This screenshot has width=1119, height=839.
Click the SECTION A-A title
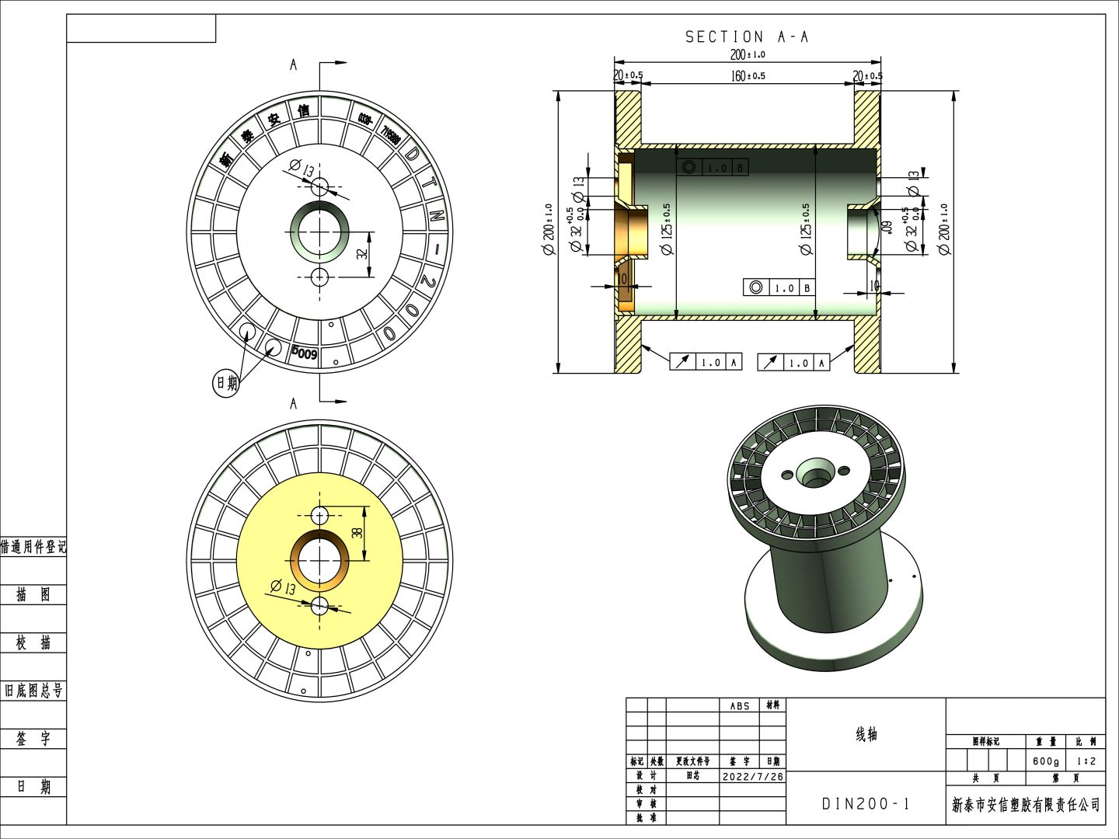click(746, 37)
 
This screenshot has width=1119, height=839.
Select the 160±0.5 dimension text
click(748, 75)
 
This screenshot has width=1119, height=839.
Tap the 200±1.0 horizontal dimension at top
click(747, 54)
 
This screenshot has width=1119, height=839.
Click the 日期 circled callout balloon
click(226, 383)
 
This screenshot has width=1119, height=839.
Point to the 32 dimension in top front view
click(362, 253)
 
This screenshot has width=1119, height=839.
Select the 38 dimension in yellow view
click(357, 532)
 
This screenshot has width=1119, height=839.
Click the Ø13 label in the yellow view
click(283, 588)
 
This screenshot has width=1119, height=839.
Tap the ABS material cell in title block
click(739, 705)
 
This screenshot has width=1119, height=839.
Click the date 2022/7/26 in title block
click(752, 776)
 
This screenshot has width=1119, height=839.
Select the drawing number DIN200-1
click(865, 804)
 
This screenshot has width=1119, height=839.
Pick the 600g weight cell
click(1045, 761)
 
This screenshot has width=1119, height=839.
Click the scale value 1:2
click(1086, 761)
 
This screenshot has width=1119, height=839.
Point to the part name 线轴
click(866, 734)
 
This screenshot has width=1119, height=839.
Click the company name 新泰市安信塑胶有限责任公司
click(1026, 805)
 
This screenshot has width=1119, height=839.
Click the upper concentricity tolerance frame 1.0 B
click(714, 168)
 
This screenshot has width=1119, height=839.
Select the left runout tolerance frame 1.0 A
click(706, 362)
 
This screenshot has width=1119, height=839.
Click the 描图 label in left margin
click(33, 595)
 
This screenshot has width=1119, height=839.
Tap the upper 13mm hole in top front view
click(319, 186)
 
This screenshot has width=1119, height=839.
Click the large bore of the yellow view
click(319, 560)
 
